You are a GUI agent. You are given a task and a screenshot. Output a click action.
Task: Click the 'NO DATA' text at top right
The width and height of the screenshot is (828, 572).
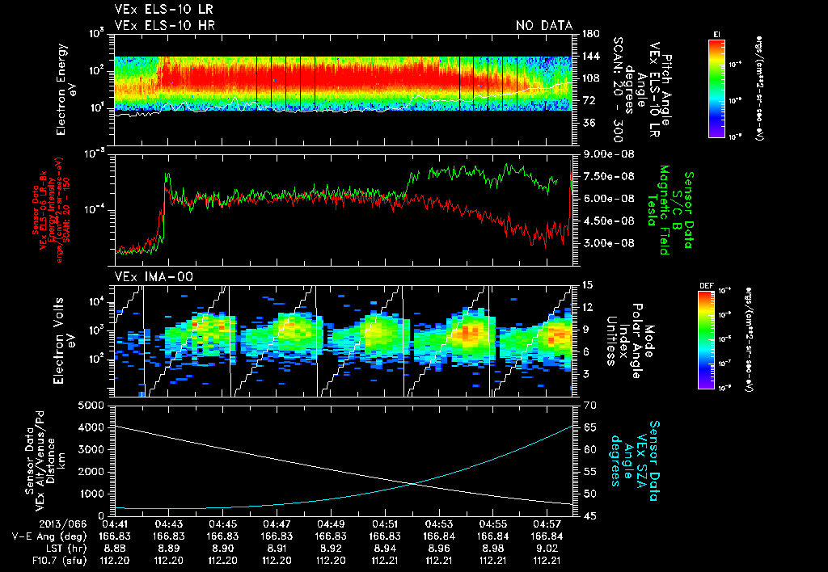point(544,26)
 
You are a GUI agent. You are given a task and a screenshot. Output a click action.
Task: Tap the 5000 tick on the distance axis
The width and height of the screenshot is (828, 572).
point(95,405)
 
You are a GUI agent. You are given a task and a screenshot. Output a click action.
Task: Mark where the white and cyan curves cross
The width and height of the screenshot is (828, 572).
point(415,483)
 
